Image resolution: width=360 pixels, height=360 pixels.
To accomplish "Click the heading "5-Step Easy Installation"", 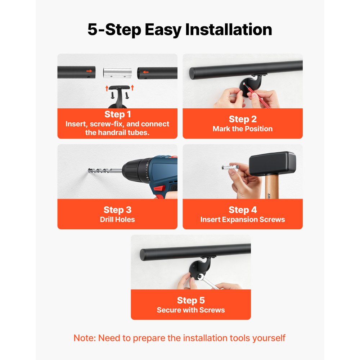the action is [180, 30].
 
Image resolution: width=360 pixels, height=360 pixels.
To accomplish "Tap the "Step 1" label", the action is [118, 114].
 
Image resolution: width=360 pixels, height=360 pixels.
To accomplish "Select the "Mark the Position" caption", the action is [242, 129].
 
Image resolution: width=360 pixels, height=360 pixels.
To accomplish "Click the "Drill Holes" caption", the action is [117, 220].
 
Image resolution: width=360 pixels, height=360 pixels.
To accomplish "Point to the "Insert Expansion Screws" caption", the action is [242, 220].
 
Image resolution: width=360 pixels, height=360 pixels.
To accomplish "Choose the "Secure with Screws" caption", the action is [190, 310].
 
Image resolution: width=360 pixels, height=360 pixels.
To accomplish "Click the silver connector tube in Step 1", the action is [117, 73].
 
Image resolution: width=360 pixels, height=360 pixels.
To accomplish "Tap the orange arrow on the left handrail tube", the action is [89, 71].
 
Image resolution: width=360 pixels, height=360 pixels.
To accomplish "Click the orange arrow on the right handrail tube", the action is [145, 72].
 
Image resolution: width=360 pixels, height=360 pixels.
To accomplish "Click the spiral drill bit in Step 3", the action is [105, 171].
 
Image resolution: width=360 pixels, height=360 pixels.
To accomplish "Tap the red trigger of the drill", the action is [159, 188].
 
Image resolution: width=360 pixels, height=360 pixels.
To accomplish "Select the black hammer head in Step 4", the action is [273, 164].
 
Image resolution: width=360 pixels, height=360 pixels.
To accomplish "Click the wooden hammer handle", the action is [272, 187].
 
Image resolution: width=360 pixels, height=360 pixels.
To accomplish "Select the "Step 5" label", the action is [190, 300].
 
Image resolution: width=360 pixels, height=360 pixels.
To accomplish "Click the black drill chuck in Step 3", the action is [134, 170].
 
